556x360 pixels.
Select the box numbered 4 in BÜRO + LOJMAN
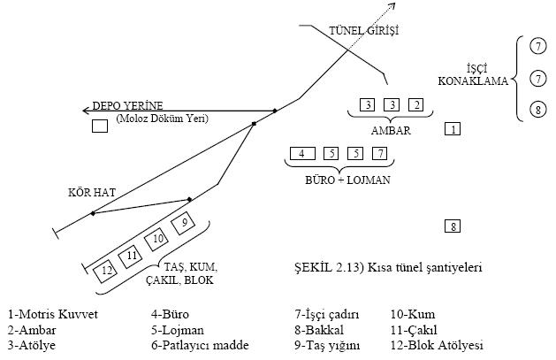click(302, 154)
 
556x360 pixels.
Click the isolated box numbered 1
click(453, 130)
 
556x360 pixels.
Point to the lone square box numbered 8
click(453, 226)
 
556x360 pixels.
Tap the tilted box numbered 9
click(184, 222)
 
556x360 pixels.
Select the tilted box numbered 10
click(158, 238)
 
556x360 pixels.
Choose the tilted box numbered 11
click(133, 255)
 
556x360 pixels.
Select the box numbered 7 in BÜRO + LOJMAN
click(380, 154)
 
